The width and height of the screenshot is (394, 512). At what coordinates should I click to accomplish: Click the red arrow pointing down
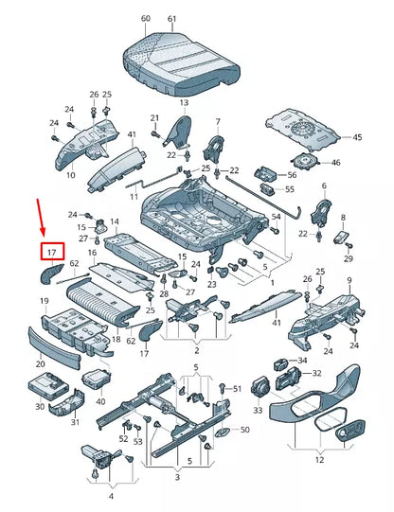click(41, 217)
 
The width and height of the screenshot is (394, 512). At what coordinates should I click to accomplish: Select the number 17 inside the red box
click(53, 253)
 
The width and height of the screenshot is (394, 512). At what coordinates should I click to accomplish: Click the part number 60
click(145, 19)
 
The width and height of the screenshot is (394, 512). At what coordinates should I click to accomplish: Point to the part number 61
click(171, 19)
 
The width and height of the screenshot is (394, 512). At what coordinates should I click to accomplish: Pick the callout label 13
click(183, 102)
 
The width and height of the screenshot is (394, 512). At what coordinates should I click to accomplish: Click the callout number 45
click(356, 138)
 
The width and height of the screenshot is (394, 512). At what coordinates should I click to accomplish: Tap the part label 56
click(291, 174)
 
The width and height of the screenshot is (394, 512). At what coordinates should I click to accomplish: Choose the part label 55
click(290, 189)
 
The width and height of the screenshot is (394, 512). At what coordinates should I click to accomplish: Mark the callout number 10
click(70, 175)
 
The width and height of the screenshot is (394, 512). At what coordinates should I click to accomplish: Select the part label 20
click(40, 363)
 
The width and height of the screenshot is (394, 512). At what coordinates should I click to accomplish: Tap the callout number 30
click(40, 407)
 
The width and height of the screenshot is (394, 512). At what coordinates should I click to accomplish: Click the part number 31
click(76, 422)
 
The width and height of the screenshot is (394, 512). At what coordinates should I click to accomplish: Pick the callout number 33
click(258, 411)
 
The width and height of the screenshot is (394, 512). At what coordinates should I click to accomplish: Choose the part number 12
click(318, 460)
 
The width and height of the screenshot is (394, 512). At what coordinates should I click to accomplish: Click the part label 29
click(348, 258)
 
